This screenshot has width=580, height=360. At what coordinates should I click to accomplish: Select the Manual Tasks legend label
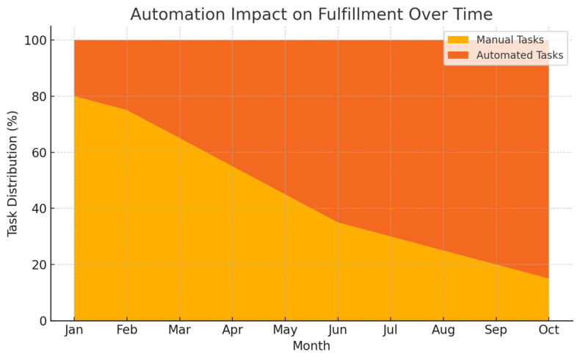pyautogui.click(x=510, y=39)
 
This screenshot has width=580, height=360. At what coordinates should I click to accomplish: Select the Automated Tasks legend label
pyautogui.click(x=520, y=54)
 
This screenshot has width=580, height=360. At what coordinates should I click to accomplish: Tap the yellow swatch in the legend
pyautogui.click(x=458, y=39)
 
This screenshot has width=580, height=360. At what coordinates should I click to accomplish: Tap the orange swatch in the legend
pyautogui.click(x=458, y=54)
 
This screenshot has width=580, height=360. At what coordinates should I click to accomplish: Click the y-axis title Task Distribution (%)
pyautogui.click(x=12, y=173)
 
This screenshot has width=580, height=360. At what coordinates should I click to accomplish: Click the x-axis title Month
pyautogui.click(x=311, y=346)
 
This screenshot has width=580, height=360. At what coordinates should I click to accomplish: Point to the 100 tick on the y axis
pyautogui.click(x=35, y=40)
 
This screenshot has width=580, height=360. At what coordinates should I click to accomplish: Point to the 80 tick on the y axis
pyautogui.click(x=37, y=96)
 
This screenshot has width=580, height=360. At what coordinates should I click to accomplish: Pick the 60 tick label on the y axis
pyautogui.click(x=37, y=153)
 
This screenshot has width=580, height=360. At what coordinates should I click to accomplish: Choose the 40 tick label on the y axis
pyautogui.click(x=37, y=209)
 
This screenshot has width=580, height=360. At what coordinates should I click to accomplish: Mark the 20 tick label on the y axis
pyautogui.click(x=37, y=264)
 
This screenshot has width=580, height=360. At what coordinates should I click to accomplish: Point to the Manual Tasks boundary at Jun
pyautogui.click(x=338, y=223)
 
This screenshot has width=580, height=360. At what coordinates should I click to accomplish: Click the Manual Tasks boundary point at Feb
pyautogui.click(x=127, y=110)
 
